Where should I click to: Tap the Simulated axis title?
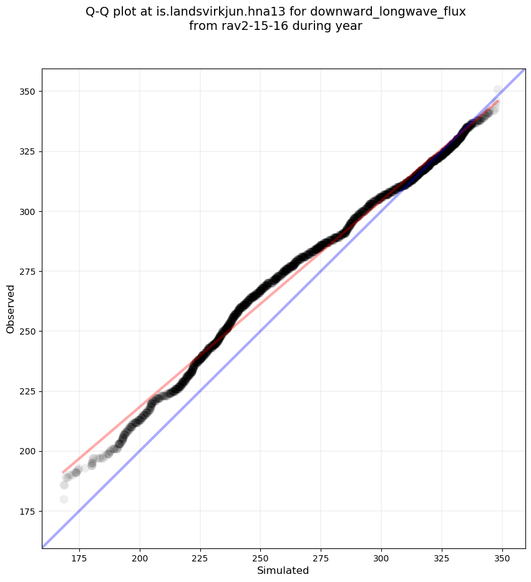283,570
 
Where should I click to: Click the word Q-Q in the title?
98,11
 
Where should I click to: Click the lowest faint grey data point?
64,499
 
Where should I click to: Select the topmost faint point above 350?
497,90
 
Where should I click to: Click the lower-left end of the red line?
63,472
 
